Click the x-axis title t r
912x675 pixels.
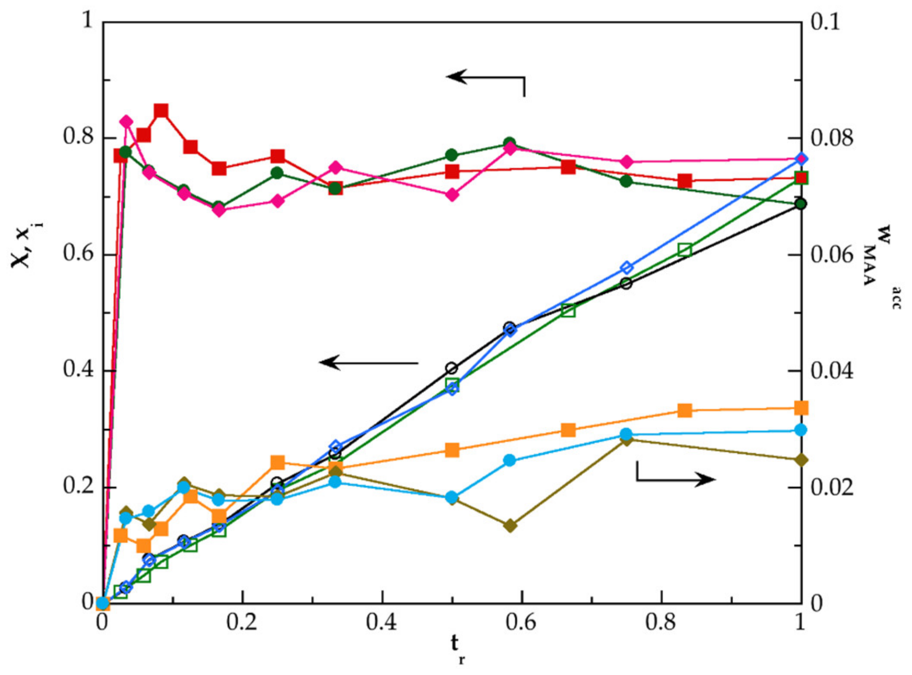456,648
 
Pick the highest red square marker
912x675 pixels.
161,111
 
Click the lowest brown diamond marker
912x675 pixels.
510,526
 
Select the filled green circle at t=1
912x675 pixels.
801,204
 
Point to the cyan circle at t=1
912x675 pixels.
801,430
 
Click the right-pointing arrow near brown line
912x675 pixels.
676,477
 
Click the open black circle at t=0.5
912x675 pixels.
452,368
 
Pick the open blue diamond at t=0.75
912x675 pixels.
627,268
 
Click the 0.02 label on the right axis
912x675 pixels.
831,487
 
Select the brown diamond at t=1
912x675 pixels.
801,460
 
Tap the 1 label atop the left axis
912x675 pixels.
88,21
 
